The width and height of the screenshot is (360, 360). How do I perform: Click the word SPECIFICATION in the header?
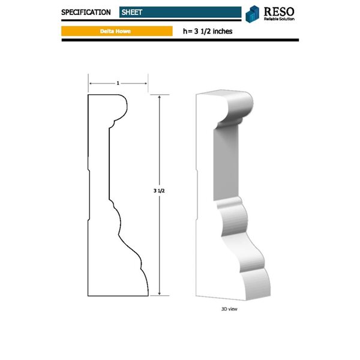(86, 12)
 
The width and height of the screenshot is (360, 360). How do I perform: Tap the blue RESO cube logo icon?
(253, 13)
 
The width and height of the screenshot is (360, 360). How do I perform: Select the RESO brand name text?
(280, 11)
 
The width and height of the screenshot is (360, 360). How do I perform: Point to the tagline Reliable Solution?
(280, 19)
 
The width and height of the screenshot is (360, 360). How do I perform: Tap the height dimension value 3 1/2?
(159, 190)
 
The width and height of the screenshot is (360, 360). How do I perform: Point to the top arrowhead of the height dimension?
(159, 97)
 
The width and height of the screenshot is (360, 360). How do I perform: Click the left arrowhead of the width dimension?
(90, 83)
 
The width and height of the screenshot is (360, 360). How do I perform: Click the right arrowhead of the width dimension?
(146, 83)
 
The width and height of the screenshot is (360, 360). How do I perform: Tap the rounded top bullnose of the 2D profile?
(123, 107)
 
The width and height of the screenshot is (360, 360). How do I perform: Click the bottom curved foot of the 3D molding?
(255, 282)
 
